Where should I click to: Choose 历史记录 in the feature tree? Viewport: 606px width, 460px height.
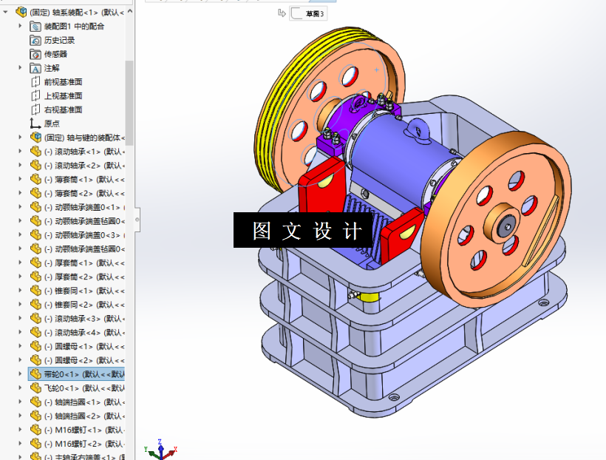[59, 40]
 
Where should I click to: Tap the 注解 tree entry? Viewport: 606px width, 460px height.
[52, 68]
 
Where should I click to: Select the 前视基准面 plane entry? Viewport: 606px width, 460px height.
[63, 82]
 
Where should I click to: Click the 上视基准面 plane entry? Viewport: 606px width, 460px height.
[63, 96]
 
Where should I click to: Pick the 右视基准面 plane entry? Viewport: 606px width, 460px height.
[63, 109]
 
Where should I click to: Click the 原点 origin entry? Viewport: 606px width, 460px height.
[52, 124]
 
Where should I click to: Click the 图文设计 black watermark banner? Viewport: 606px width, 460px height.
[307, 231]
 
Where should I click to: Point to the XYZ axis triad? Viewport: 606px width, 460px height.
[161, 448]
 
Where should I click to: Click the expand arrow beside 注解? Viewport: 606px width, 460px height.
[21, 68]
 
